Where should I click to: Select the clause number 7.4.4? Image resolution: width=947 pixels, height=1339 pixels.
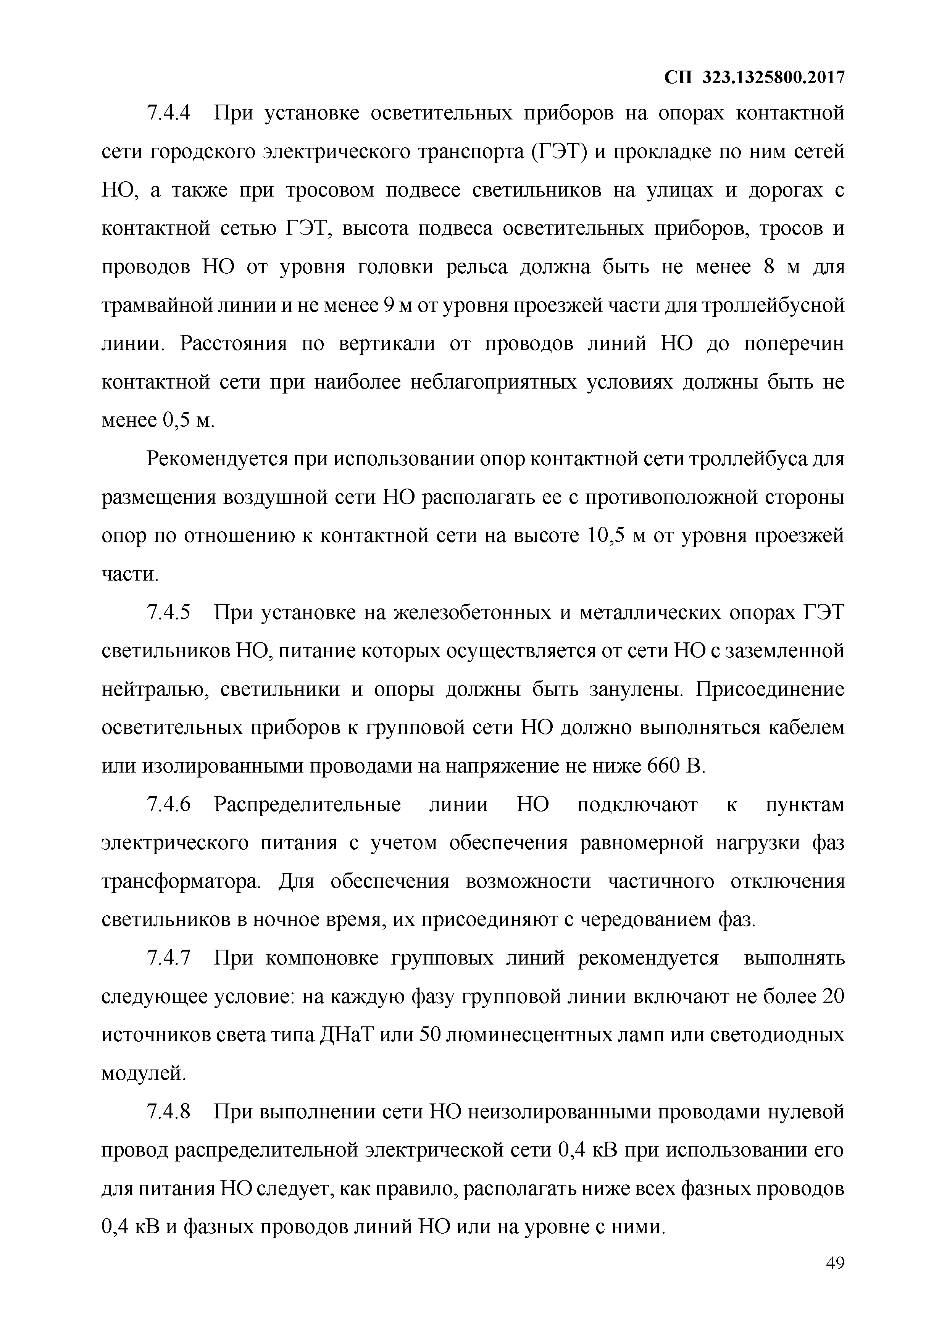coord(169,113)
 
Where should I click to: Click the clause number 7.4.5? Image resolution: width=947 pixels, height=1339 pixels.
coord(169,613)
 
